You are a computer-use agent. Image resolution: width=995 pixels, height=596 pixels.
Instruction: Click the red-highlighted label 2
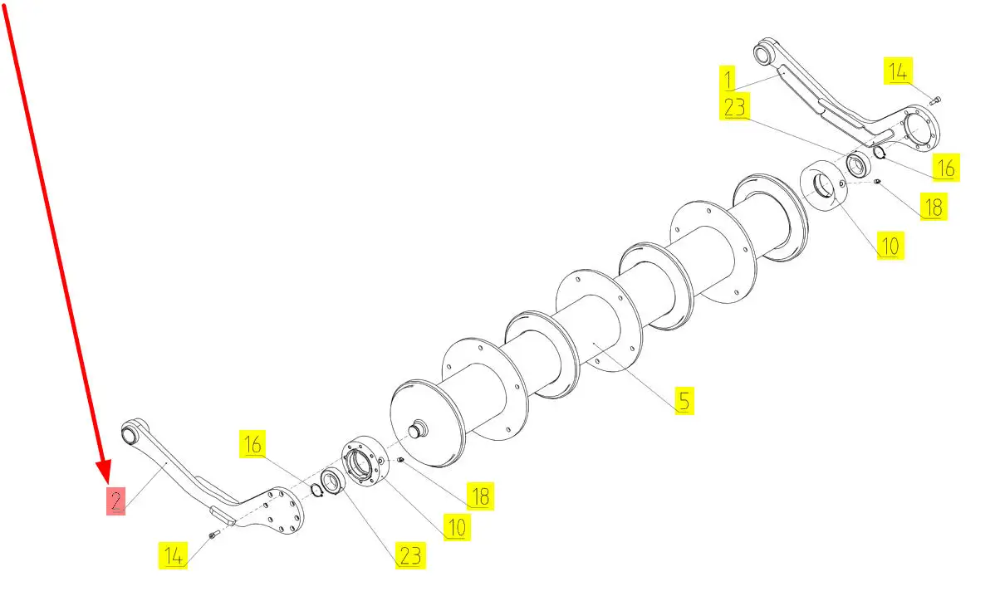pyautogui.click(x=115, y=501)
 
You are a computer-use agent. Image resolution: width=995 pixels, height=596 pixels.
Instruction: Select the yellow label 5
pyautogui.click(x=684, y=401)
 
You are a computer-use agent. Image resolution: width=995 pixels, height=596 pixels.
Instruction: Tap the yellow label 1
pyautogui.click(x=728, y=79)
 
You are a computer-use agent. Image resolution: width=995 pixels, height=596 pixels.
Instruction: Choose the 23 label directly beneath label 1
pyautogui.click(x=734, y=106)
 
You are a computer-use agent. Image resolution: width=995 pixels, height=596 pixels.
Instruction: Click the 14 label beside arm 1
pyautogui.click(x=898, y=71)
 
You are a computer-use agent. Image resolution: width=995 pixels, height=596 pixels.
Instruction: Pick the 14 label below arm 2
pyautogui.click(x=174, y=555)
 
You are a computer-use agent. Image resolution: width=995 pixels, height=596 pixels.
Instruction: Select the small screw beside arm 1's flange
pyautogui.click(x=936, y=99)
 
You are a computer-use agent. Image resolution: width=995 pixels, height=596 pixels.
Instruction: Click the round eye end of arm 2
pyautogui.click(x=130, y=433)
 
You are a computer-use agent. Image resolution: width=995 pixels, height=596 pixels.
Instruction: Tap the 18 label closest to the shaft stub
pyautogui.click(x=480, y=496)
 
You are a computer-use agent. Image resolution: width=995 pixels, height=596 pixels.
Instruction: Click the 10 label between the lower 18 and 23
pyautogui.click(x=457, y=526)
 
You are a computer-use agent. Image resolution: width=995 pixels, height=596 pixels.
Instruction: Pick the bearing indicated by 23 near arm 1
pyautogui.click(x=859, y=164)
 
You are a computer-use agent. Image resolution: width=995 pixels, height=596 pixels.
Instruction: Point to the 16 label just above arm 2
pyautogui.click(x=252, y=444)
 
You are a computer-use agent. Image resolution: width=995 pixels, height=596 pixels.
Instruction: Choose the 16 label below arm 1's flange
pyautogui.click(x=945, y=168)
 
